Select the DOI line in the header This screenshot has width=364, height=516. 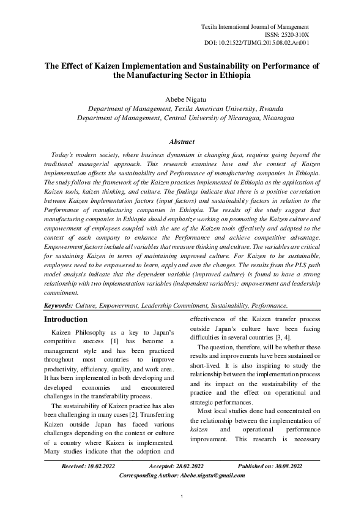coord(256,44)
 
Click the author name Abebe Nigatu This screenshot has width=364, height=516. coord(181,98)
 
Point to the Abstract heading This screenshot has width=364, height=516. coord(182,142)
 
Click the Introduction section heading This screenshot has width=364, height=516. coord(66,319)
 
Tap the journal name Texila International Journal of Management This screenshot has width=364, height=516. coord(255,28)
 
